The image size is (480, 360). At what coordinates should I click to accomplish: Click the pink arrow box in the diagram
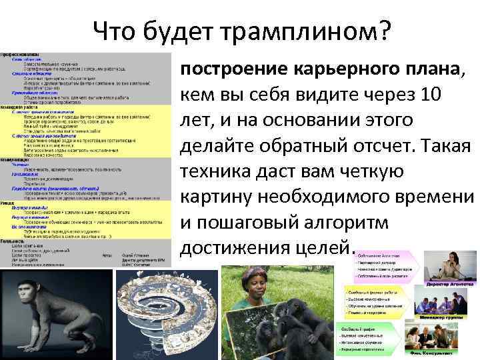(380, 263)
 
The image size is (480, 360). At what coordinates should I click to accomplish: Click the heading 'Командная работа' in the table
(21, 106)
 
